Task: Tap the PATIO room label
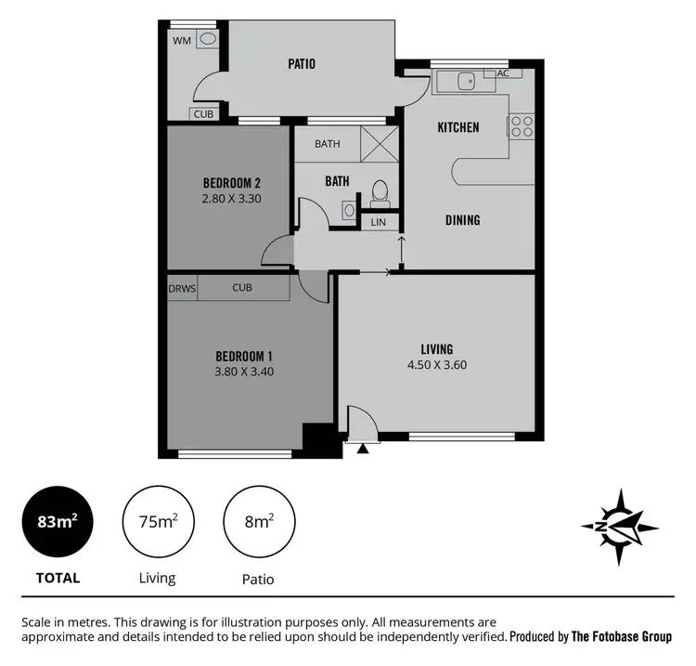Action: pos(300,64)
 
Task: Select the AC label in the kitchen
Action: pos(503,73)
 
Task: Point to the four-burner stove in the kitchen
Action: pos(521,125)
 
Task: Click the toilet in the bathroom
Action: pos(379,193)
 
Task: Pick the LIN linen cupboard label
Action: pos(378,223)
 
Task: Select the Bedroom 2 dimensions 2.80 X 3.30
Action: pos(226,198)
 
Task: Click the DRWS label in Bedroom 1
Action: pos(182,288)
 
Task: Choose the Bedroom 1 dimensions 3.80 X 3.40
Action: pos(244,372)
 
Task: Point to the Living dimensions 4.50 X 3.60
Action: pos(436,365)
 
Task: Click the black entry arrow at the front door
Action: pos(362,449)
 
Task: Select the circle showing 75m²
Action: pos(157,522)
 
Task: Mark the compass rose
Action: pos(620,527)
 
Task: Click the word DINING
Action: pos(462,220)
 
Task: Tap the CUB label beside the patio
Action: pos(202,114)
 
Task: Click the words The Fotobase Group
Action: pos(621,637)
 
